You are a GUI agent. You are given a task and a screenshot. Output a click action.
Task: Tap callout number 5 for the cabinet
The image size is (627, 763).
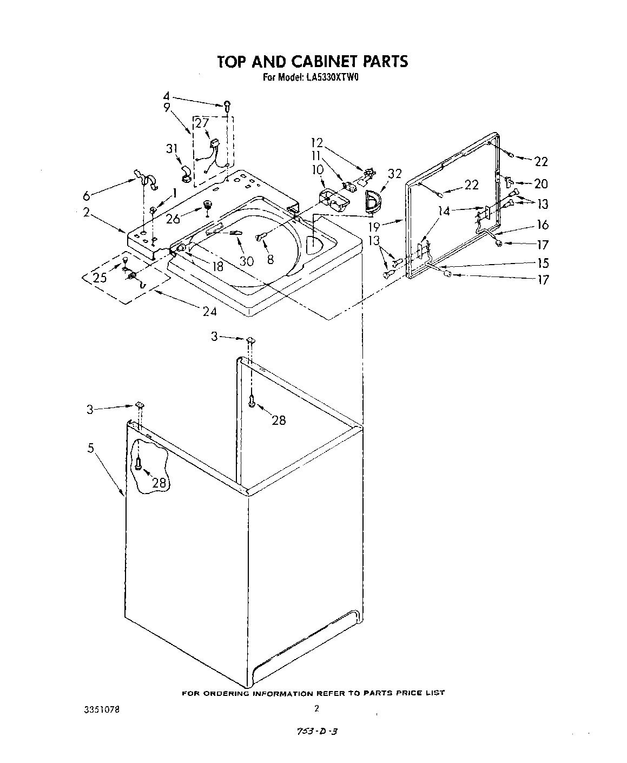coord(91,448)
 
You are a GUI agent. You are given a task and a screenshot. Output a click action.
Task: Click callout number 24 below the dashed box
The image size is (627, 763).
coord(209,311)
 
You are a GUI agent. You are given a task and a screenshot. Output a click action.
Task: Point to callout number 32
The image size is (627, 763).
coord(395,174)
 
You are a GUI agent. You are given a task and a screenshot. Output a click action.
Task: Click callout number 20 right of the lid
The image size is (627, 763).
coord(540,184)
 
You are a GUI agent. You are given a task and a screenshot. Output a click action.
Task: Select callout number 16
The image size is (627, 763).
coord(543,225)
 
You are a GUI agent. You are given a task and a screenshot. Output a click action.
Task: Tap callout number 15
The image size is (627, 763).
coord(543,263)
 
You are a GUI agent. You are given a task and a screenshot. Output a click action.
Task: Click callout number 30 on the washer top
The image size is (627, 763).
coord(246,261)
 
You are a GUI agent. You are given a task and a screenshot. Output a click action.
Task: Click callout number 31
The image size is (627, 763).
coord(173,148)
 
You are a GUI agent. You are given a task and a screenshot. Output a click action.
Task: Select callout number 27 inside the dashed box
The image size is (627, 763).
coord(202,123)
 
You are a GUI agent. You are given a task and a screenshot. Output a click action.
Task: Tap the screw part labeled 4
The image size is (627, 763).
coord(228,104)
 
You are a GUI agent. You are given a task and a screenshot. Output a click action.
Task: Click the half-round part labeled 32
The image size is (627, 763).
coord(373,201)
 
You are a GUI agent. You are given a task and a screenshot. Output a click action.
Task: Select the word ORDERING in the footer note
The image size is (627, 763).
coord(222,693)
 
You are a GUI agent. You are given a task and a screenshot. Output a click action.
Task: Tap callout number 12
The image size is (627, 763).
coord(316,143)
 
